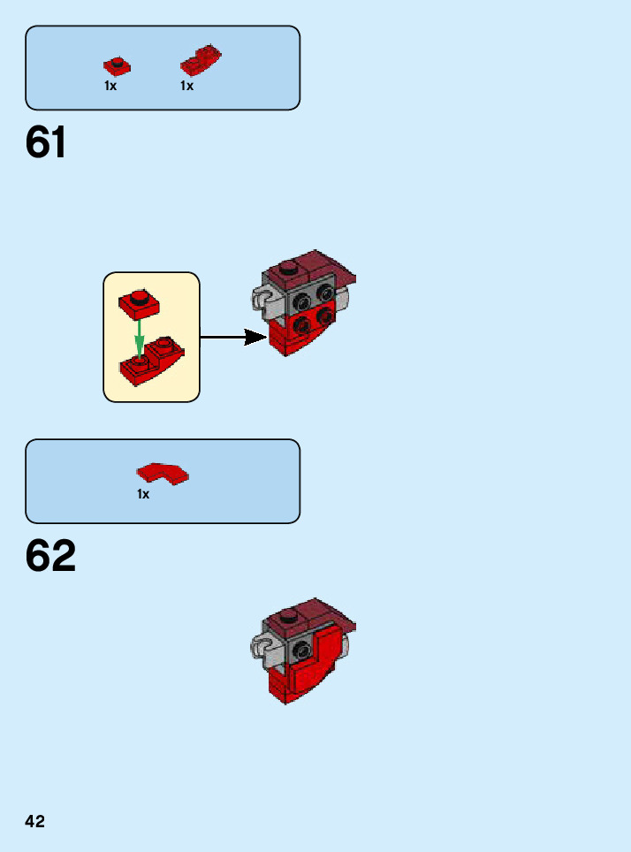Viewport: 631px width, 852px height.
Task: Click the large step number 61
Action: (46, 142)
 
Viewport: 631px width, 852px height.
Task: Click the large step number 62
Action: (50, 556)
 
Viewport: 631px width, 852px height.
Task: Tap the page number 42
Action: (34, 821)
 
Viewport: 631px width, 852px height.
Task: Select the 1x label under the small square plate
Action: (110, 87)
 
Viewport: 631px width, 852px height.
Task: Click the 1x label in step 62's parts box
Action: (143, 495)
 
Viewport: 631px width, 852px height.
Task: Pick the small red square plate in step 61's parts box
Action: (116, 65)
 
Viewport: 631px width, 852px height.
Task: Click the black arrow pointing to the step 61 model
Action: (233, 337)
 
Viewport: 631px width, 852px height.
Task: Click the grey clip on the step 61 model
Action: (262, 299)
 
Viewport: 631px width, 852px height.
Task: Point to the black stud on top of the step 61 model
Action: (286, 269)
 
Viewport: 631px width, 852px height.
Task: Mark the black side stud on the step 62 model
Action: (301, 650)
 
